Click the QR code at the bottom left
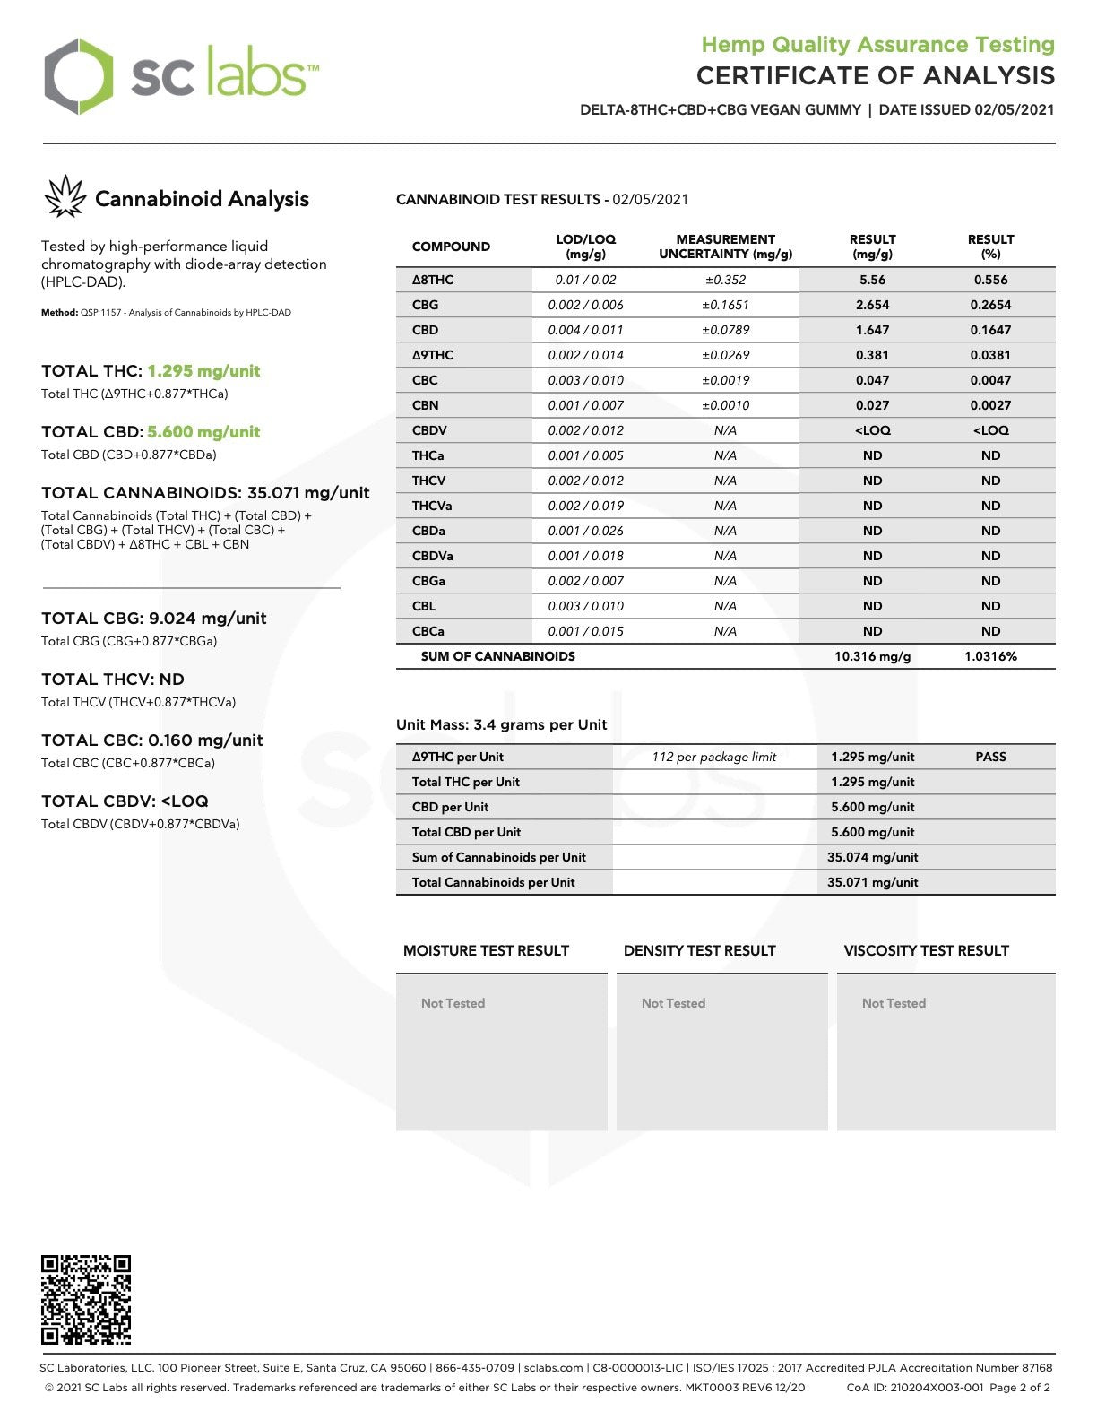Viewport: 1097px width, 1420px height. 86,1299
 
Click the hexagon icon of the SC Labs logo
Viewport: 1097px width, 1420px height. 79,76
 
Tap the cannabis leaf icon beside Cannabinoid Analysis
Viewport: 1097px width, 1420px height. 65,197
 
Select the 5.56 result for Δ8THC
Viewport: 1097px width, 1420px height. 872,280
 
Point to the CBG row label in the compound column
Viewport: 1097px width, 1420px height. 425,305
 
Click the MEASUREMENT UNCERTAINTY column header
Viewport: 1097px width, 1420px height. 725,247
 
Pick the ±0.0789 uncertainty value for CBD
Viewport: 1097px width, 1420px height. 725,330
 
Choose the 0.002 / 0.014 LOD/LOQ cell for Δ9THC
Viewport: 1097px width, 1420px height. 585,355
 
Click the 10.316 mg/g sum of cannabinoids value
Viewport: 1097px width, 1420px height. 872,656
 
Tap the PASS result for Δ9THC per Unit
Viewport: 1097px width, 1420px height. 990,757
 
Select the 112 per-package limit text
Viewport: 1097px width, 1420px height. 713,757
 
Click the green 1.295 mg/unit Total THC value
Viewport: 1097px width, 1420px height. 203,371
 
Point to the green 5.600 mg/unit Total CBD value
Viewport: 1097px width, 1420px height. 203,432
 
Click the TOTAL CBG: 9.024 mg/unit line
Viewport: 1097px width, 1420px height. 154,619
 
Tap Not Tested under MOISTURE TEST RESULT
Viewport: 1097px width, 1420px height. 453,1003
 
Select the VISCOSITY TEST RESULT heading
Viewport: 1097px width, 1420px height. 926,950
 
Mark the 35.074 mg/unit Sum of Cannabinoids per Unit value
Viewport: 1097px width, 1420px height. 872,857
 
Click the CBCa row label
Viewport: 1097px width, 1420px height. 428,631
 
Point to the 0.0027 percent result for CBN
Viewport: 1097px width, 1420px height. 990,405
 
